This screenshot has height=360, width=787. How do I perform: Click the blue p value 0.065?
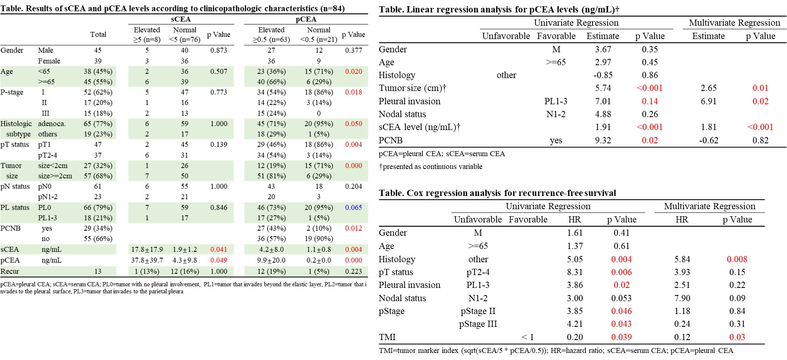[354, 208]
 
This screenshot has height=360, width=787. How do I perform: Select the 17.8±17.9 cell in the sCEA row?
[147, 249]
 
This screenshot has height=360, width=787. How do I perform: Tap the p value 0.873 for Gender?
[218, 50]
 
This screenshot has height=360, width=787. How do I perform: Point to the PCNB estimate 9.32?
[603, 140]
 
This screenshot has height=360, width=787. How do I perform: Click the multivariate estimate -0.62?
[709, 140]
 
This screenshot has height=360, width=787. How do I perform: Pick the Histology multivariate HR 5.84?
[682, 259]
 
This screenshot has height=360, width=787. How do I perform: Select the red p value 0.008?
[737, 259]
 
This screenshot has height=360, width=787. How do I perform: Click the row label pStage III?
[478, 324]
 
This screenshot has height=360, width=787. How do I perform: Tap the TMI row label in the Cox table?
[387, 337]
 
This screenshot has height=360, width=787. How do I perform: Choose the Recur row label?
[10, 271]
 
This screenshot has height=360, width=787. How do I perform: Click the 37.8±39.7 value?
[147, 260]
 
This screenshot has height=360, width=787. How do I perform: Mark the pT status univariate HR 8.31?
[575, 272]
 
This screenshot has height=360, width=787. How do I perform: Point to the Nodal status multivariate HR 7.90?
[682, 298]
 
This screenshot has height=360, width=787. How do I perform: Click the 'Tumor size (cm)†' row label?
[413, 88]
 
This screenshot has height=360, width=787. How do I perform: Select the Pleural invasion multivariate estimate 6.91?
[709, 101]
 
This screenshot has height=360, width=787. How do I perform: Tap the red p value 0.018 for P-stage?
[354, 92]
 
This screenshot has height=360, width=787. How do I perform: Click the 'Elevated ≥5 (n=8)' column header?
[147, 35]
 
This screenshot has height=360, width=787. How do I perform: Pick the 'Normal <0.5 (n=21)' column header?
[319, 35]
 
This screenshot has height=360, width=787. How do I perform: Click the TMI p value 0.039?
[622, 337]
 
